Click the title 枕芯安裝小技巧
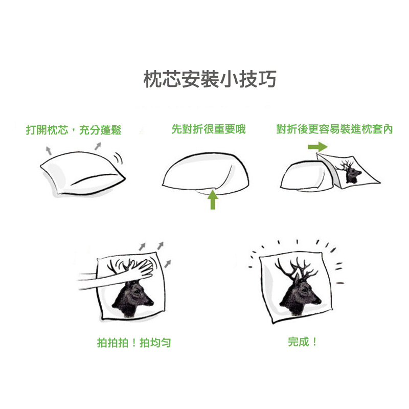[210, 79]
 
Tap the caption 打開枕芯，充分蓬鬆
[74, 130]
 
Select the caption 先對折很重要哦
[209, 129]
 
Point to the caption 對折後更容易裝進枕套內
[334, 129]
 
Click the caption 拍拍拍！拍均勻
[134, 343]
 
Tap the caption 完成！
[303, 342]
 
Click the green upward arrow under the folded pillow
[213, 199]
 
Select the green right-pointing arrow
[317, 147]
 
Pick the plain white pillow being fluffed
[82, 173]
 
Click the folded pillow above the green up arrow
[206, 173]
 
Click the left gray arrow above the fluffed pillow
[49, 151]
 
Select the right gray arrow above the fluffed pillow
[98, 146]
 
